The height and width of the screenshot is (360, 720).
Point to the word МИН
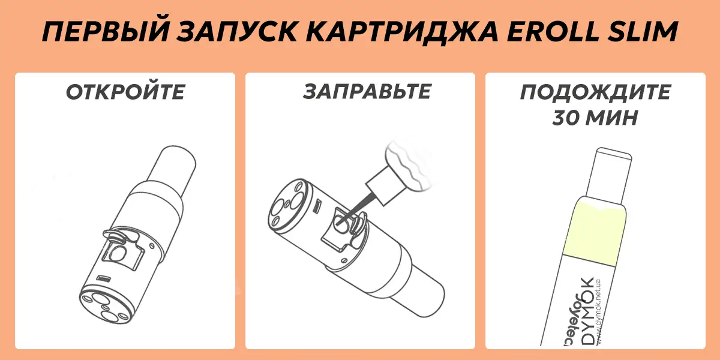click(613, 118)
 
